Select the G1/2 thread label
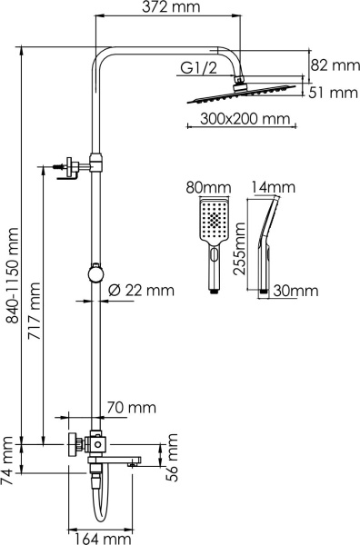pos(200,69)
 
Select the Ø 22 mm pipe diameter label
pos(141,291)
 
